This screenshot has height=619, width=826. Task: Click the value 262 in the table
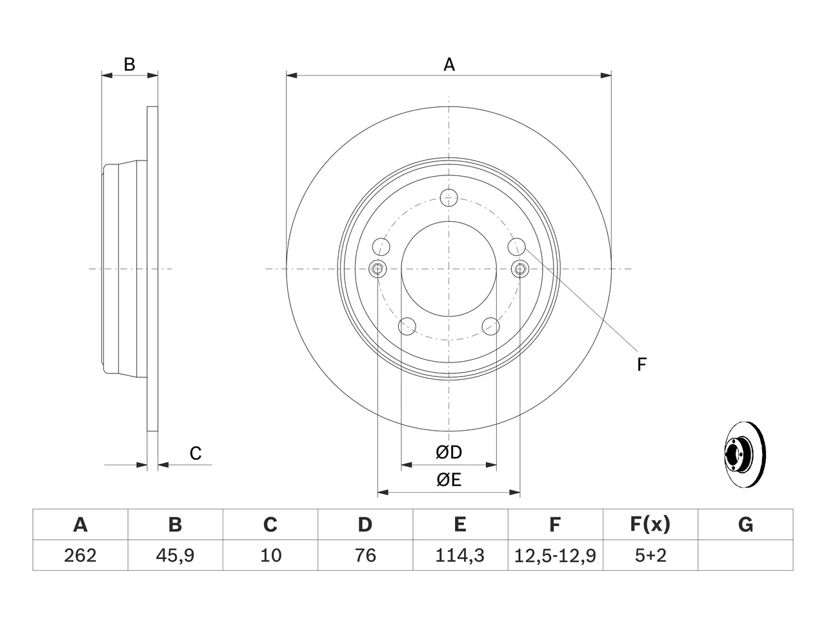coord(80,555)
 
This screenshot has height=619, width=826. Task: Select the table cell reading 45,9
coord(175,555)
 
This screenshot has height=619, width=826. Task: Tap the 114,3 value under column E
coord(460,555)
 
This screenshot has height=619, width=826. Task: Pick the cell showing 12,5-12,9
coord(555,555)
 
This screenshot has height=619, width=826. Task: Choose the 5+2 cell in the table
coord(650,555)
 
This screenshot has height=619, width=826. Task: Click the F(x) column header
coord(650,524)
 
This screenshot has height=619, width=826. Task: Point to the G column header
coord(745,524)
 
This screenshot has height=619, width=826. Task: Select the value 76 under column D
coord(365,555)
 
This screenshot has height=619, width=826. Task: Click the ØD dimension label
coord(448,453)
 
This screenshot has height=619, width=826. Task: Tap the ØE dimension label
coord(448,480)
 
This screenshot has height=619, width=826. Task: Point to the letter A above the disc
coord(449,64)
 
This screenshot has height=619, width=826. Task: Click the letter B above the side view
coord(130,64)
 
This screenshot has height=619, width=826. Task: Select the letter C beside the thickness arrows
coord(196,453)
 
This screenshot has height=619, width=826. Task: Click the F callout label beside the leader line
coord(641,364)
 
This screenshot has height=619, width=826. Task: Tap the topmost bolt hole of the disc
coord(448,198)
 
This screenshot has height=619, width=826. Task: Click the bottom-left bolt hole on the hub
coord(407,326)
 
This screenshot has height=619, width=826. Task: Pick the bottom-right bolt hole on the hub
coord(490,326)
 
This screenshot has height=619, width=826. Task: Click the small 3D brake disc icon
coord(745,455)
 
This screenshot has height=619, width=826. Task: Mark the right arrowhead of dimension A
coord(606,75)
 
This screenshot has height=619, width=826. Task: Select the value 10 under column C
coord(270,555)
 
